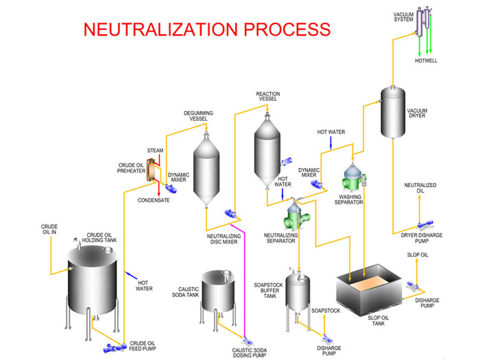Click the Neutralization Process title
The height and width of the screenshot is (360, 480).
(x=206, y=29)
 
